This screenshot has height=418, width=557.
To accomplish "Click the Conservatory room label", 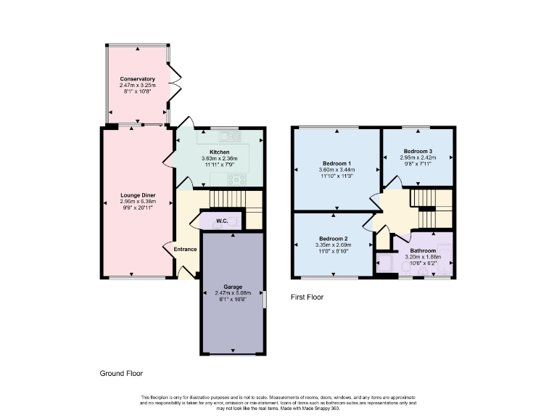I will pyautogui.click(x=138, y=78).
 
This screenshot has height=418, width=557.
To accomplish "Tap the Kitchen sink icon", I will pyautogui.click(x=229, y=136).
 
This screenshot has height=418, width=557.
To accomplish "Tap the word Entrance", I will pyautogui.click(x=184, y=250).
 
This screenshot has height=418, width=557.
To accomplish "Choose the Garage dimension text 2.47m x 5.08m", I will pyautogui.click(x=231, y=292).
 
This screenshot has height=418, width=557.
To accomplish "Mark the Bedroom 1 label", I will pyautogui.click(x=337, y=163).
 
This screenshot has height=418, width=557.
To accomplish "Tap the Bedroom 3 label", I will pyautogui.click(x=418, y=151).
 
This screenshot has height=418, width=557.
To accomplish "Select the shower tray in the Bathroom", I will pyautogui.click(x=386, y=263).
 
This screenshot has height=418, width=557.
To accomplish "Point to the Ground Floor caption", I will pyautogui.click(x=121, y=374).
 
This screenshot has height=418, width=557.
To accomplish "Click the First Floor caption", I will pyautogui.click(x=307, y=297).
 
